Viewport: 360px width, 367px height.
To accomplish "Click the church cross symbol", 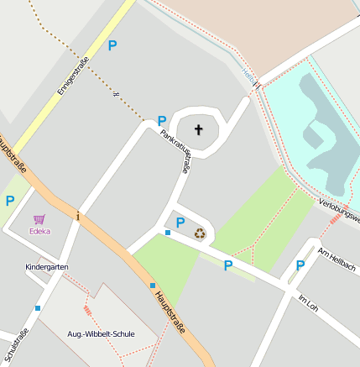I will coord(199,129).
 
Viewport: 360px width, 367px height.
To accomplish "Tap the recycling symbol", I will coord(200,233).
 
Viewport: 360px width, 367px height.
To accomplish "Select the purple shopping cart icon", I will coord(39,219).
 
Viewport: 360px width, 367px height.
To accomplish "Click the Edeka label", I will coord(39,231).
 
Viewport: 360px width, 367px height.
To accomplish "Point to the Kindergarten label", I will coord(46,267).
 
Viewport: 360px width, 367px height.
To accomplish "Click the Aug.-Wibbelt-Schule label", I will coord(101,333).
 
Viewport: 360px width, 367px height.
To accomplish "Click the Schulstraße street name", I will coord(18,344).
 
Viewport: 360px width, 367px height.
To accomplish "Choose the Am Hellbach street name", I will coord(337,261).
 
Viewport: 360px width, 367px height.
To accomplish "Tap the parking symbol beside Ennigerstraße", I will coord(112,45).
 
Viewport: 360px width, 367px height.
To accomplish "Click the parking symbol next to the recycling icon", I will coord(180,223).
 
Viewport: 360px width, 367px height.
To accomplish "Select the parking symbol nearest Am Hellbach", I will coord(300,265).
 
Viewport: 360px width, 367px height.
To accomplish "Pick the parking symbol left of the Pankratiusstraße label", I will coord(161,121).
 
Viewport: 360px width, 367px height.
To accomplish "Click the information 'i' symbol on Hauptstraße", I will coord(78,215).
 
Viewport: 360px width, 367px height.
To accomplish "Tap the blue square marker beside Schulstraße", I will coord(38,308).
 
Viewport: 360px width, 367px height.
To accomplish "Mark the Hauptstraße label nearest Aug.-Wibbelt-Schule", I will coord(169,310).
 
